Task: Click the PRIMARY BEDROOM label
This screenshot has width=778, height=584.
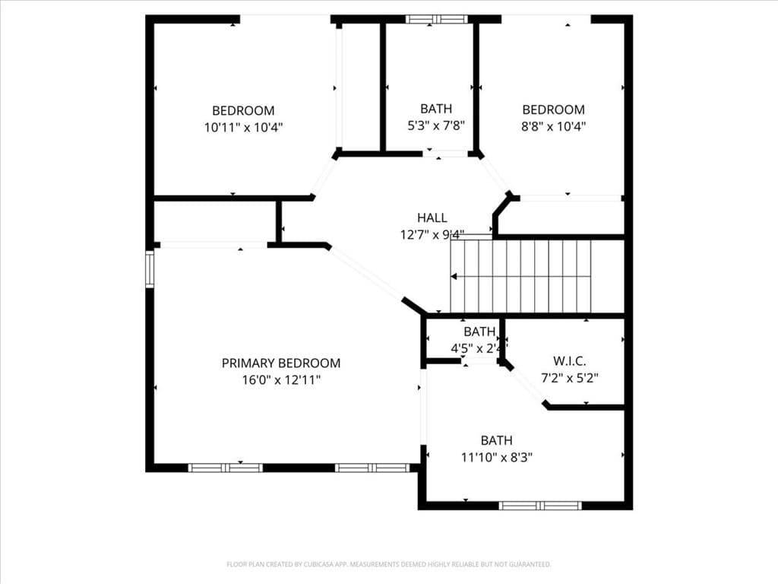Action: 280,363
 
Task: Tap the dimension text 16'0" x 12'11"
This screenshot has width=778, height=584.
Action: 280,379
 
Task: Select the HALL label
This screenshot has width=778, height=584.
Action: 432,218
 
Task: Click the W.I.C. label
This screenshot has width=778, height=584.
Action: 569,361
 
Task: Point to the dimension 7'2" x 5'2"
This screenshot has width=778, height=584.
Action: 569,377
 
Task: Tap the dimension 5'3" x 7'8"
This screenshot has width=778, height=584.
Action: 436,125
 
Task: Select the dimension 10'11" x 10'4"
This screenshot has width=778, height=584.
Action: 243,127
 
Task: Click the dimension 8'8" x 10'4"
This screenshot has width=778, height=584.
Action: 553,126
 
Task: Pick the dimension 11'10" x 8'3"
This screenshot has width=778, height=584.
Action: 496,457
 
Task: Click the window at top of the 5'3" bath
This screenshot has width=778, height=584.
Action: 436,19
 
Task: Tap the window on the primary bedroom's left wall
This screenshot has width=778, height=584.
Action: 150,269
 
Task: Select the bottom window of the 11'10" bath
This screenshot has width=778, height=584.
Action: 540,505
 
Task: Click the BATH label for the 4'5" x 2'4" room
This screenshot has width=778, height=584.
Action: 479,332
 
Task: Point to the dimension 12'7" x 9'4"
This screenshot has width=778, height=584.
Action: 432,235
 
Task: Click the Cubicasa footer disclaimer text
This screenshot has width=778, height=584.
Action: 388,564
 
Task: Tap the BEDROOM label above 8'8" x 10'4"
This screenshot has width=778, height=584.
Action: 553,109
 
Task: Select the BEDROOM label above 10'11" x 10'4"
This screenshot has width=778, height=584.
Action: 243,110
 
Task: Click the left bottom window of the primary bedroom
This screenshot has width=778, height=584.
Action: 226,468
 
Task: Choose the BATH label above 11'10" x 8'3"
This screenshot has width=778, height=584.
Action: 496,440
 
